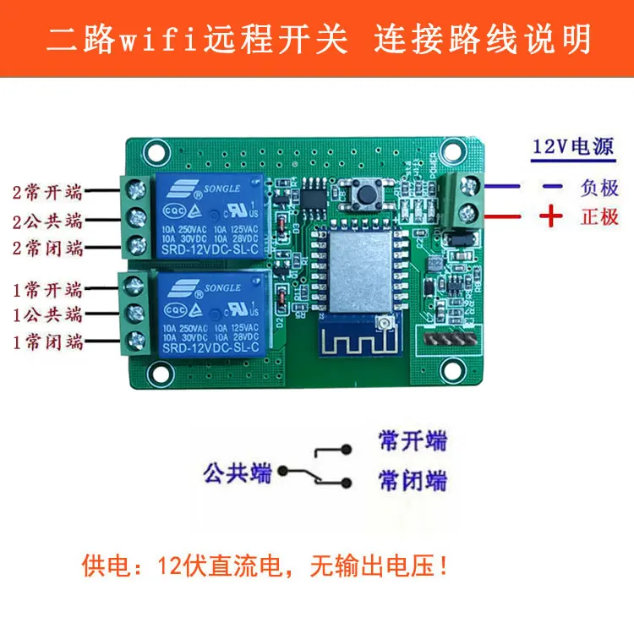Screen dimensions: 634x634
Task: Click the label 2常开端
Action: click(x=47, y=190)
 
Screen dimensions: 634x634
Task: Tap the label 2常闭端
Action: click(x=47, y=249)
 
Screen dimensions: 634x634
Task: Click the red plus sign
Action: click(x=551, y=216)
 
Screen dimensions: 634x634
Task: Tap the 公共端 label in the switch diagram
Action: click(x=238, y=472)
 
